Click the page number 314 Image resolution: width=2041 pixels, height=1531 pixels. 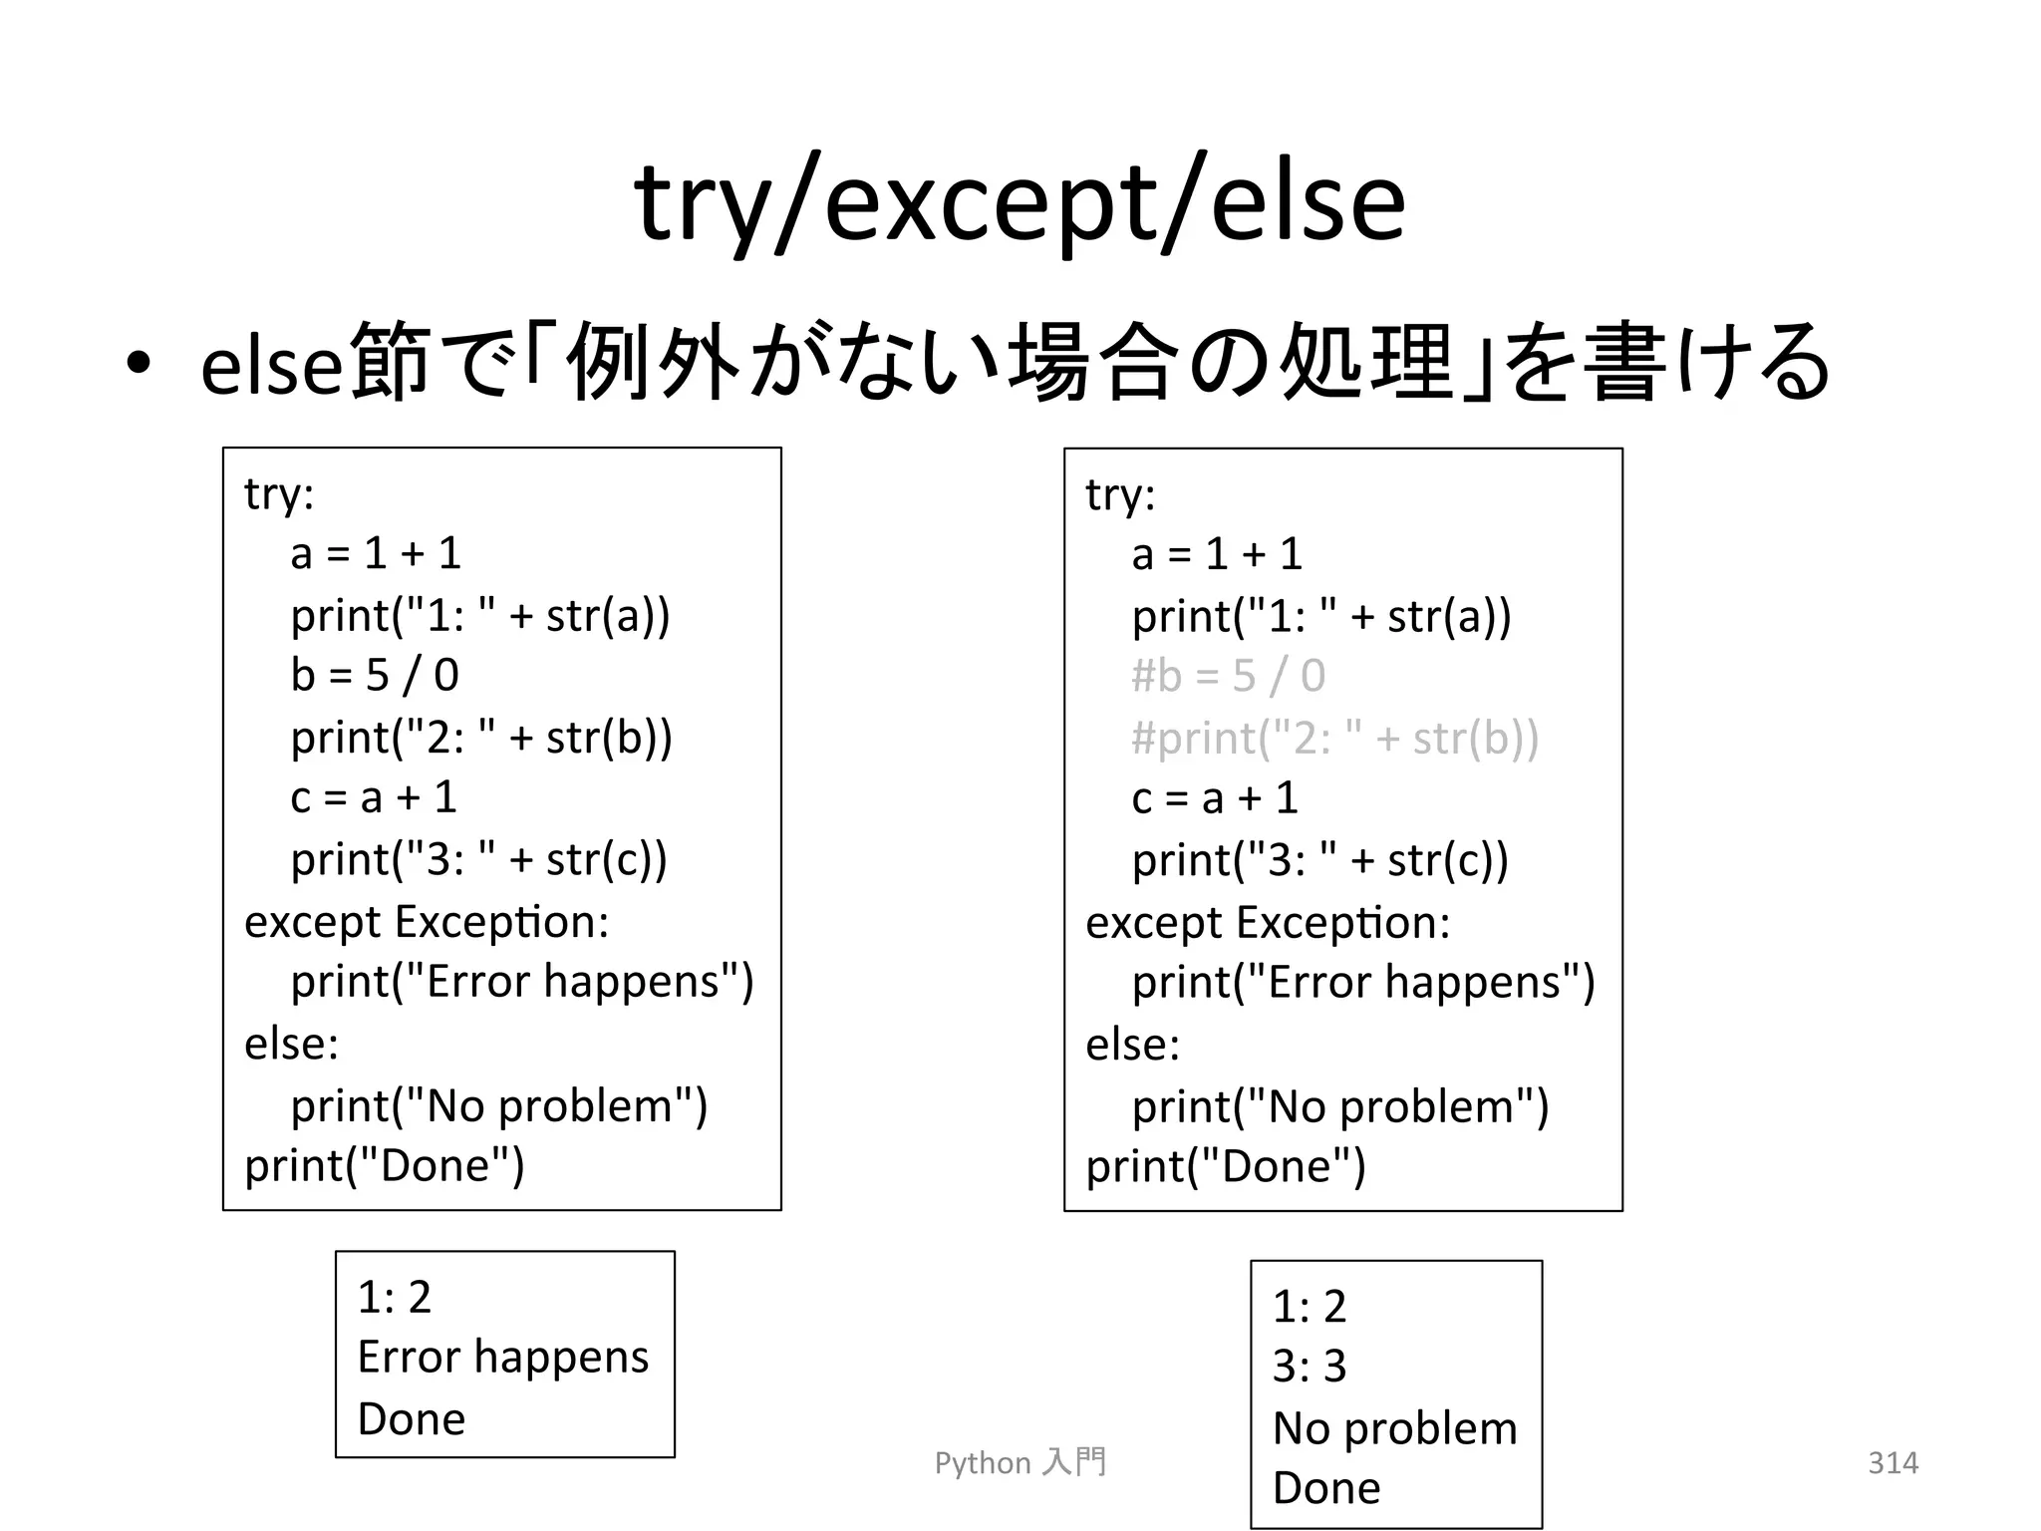pyautogui.click(x=1893, y=1462)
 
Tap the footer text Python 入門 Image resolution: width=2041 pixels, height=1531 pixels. pyautogui.click(x=1020, y=1462)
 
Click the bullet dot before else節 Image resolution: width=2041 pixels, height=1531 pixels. pyautogui.click(x=139, y=364)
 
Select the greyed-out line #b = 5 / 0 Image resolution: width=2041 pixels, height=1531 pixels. pyautogui.click(x=1228, y=676)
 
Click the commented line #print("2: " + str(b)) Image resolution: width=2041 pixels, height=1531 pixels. pyautogui.click(x=1334, y=738)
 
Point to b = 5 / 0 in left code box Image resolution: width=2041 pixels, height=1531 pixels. pyautogui.click(x=375, y=675)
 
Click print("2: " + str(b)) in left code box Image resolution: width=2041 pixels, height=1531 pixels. pyautogui.click(x=481, y=737)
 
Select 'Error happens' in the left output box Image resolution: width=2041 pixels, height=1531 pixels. pyautogui.click(x=502, y=1357)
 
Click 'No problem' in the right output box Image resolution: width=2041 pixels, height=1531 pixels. pyautogui.click(x=1394, y=1427)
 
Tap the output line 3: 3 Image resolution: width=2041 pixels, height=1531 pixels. pyautogui.click(x=1309, y=1366)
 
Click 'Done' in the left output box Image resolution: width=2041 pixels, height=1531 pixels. pyautogui.click(x=411, y=1418)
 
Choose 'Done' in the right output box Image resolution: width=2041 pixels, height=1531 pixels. pyautogui.click(x=1326, y=1488)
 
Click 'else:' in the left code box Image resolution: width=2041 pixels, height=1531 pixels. pyautogui.click(x=291, y=1044)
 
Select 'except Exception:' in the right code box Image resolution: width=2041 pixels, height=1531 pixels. pyautogui.click(x=1268, y=922)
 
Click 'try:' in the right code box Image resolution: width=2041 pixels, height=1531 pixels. pyautogui.click(x=1120, y=494)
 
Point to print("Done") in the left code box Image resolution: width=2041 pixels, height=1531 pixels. pyautogui.click(x=384, y=1165)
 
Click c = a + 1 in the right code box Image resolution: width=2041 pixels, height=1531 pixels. pyautogui.click(x=1215, y=798)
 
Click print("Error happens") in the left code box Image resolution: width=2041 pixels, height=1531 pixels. pyautogui.click(x=522, y=982)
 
